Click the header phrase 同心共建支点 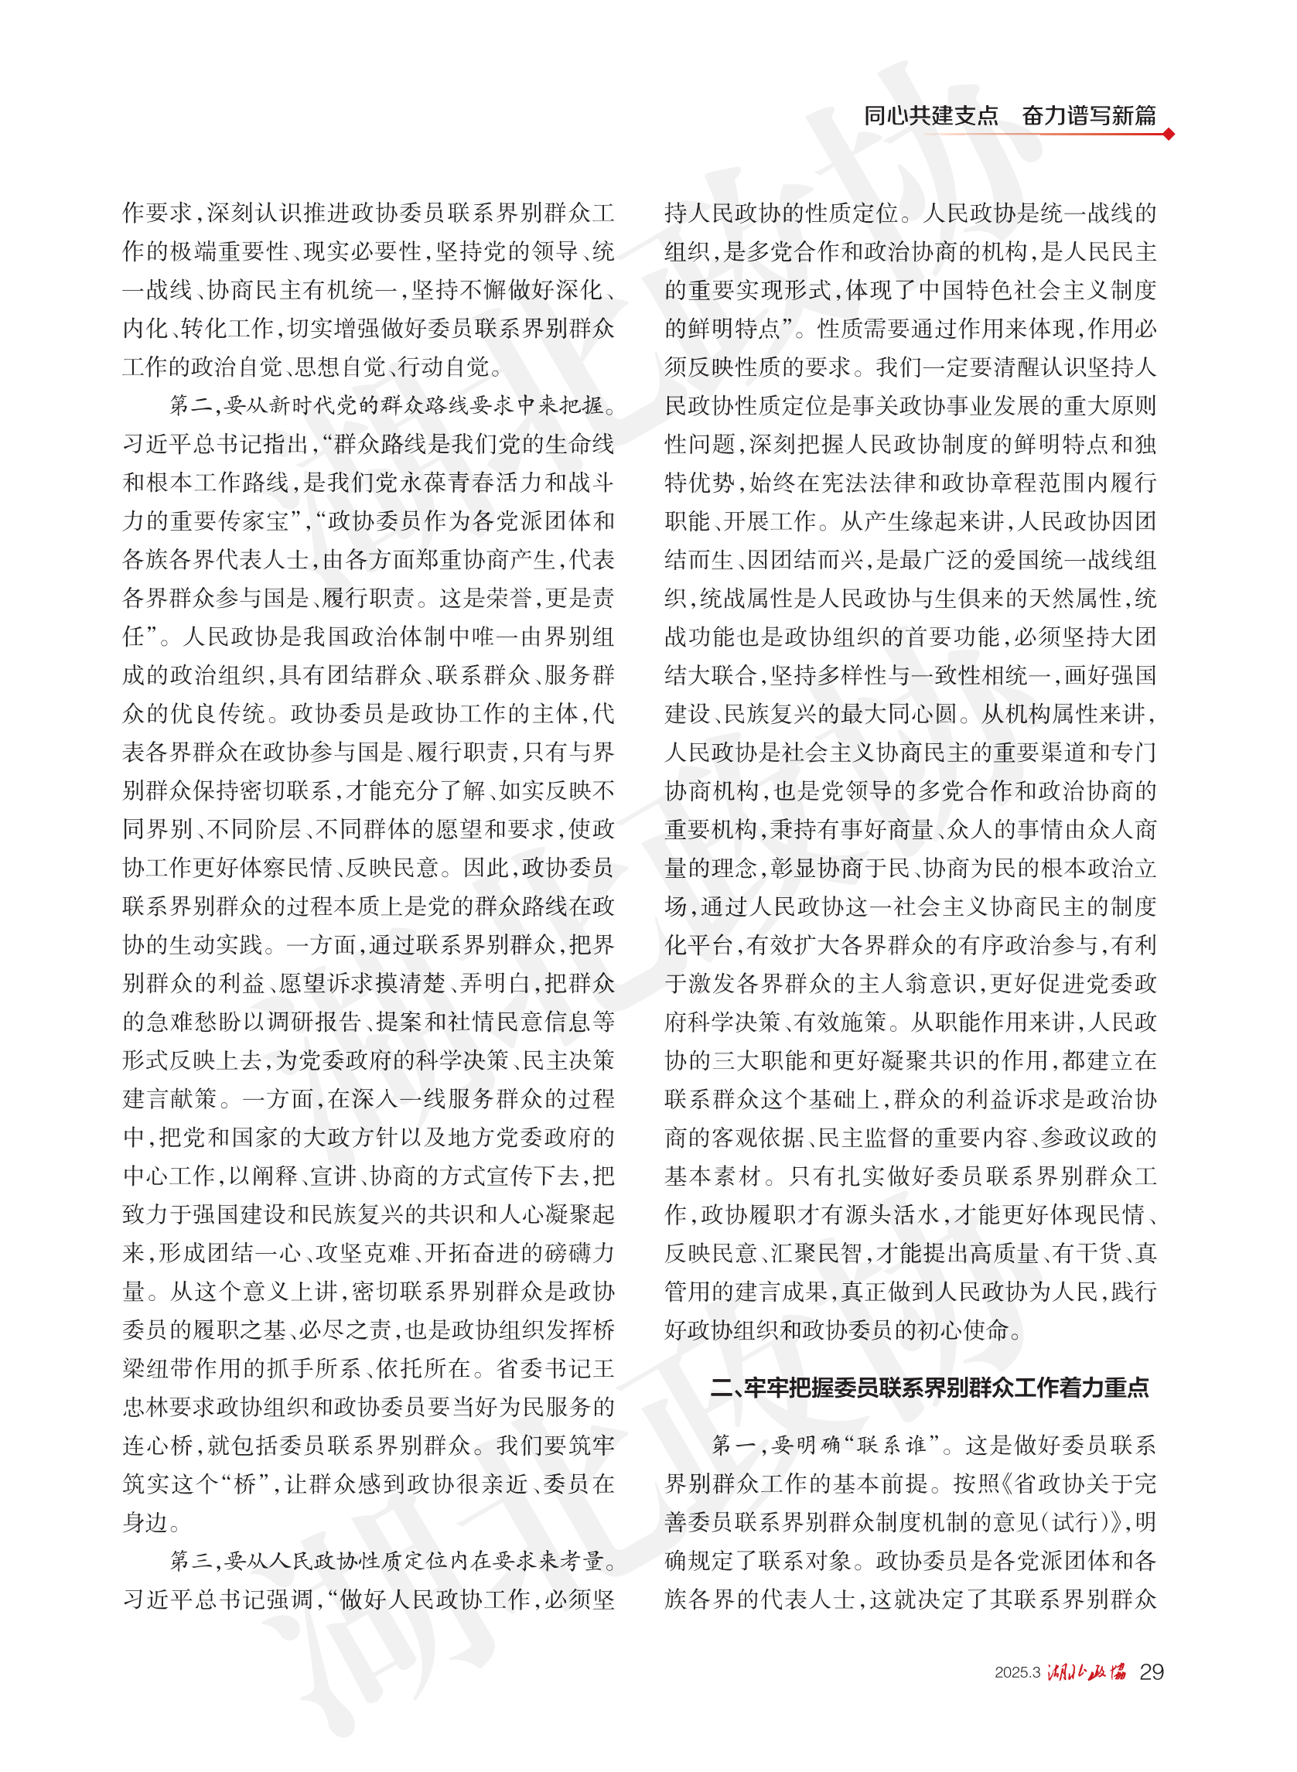(930, 115)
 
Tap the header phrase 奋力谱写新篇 (1089, 115)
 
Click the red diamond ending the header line (1169, 134)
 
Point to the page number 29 (1151, 1671)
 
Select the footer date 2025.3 (1017, 1672)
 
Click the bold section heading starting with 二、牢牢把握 (930, 1388)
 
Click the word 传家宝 (256, 521)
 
